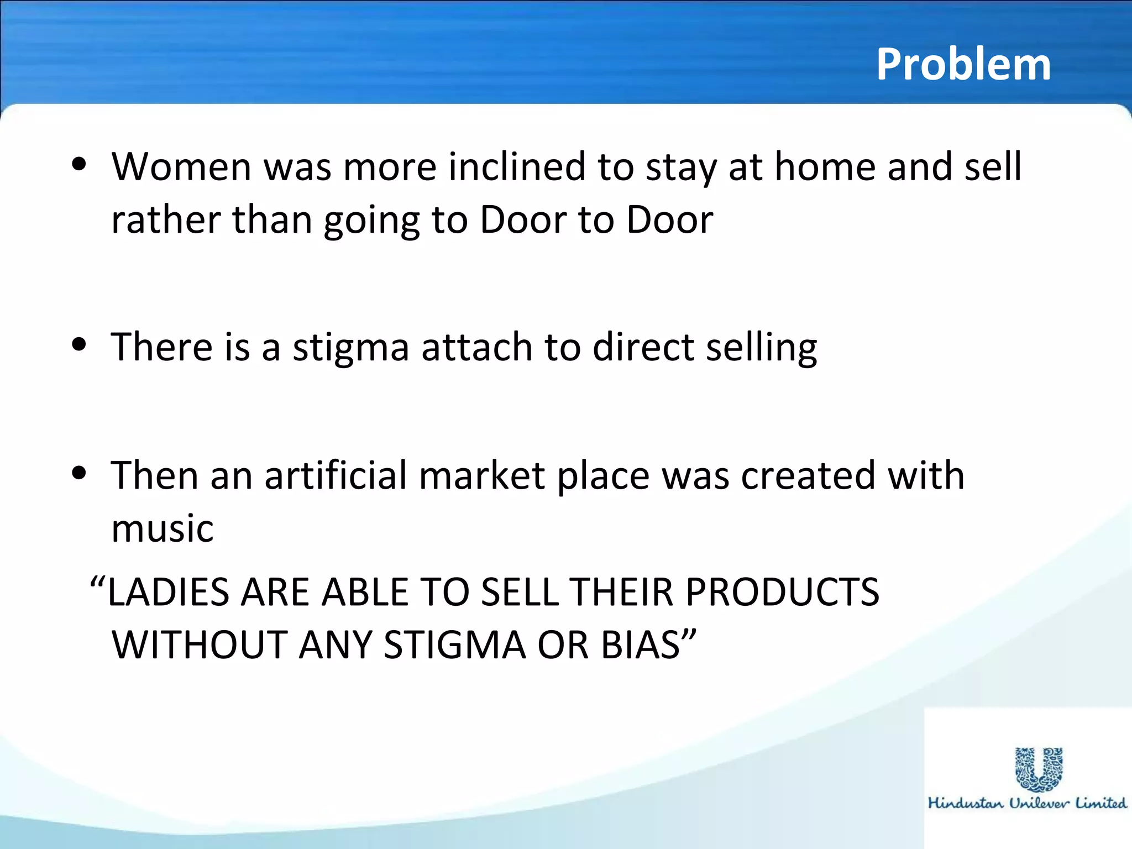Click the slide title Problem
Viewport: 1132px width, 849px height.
coord(963,65)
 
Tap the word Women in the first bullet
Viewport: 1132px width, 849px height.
coord(181,166)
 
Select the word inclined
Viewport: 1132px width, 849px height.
coord(517,166)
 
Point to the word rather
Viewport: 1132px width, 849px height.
coord(166,220)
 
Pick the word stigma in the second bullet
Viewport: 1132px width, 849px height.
coord(350,348)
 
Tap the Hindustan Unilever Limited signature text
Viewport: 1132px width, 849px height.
coord(1027,803)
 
